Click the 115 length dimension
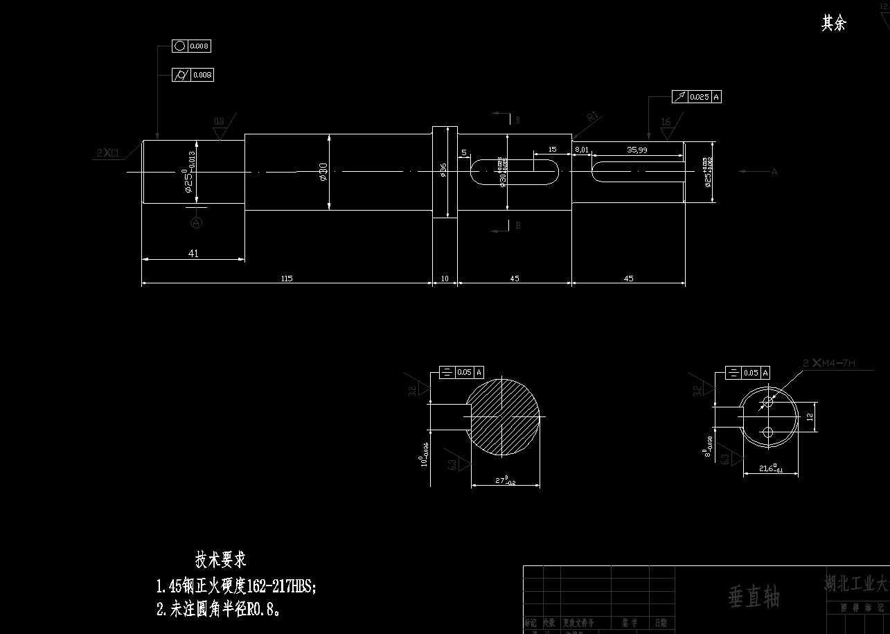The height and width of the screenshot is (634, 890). coord(287,279)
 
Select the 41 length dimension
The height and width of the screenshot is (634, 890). coord(193,254)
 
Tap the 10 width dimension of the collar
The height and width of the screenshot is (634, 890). coord(445,279)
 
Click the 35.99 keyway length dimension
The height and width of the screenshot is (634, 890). coord(637,150)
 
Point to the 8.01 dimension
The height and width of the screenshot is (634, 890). coord(581,150)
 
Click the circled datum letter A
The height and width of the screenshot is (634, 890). coord(197,222)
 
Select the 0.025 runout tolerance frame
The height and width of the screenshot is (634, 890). coord(697,97)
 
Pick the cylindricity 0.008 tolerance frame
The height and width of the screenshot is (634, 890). coord(193,75)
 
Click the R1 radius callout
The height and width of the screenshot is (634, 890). coord(592,117)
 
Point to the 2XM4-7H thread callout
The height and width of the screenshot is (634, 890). coord(829,363)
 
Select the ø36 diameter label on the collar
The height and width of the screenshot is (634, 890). coord(443,170)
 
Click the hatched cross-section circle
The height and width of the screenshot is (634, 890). coord(504,417)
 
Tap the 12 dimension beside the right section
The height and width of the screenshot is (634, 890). coord(808,417)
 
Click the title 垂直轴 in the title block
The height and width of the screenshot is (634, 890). coord(754,597)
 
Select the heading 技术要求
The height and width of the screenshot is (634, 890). coord(221,559)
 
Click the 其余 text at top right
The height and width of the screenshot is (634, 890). coord(833,24)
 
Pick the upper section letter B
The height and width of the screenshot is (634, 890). coord(517,120)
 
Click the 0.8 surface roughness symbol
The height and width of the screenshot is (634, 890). coord(220,127)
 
